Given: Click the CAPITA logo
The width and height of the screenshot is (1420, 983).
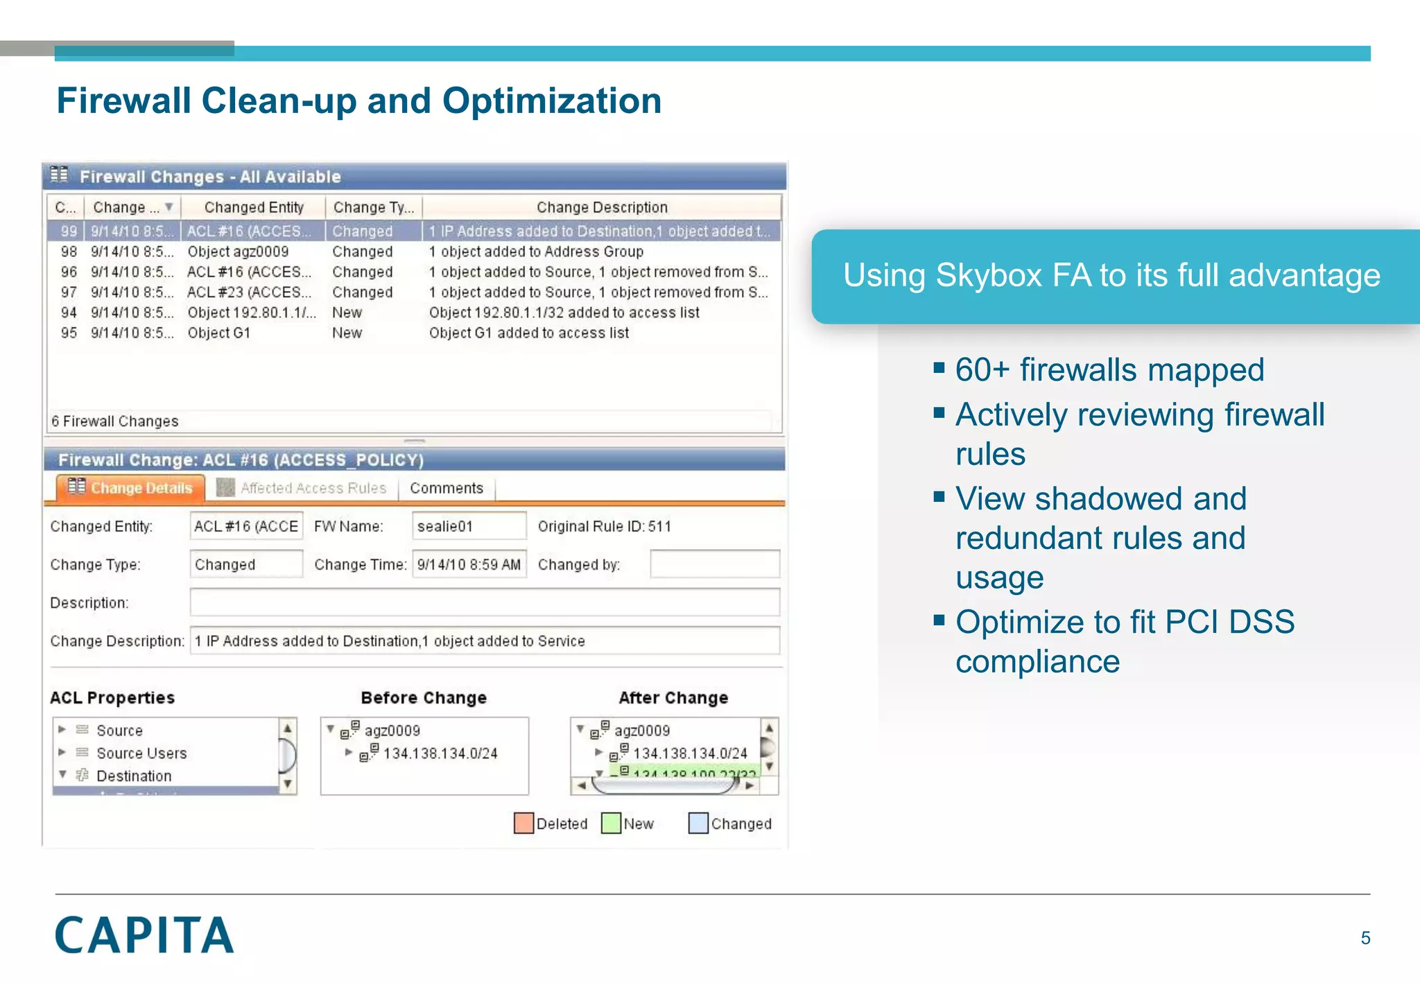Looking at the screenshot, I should (x=144, y=934).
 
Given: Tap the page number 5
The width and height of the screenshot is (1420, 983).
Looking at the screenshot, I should (x=1365, y=938).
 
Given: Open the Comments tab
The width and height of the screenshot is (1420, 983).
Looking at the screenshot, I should (x=446, y=488).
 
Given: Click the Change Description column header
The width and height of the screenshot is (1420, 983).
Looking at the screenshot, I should (x=601, y=207).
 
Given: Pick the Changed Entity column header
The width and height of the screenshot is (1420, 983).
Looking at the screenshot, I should (x=253, y=207).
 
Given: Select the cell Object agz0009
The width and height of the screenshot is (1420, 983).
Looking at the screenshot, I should (x=238, y=252).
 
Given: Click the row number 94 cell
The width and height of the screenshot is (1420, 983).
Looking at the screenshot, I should (x=68, y=313).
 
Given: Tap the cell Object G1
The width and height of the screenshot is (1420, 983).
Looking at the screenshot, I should (x=218, y=333).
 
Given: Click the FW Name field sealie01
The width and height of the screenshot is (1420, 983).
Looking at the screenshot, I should (x=468, y=526).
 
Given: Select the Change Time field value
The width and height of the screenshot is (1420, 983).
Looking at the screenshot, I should (x=469, y=564).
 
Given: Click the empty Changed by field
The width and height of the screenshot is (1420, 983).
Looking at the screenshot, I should (x=714, y=564).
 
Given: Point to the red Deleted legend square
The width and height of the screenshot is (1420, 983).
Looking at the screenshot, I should (x=523, y=823).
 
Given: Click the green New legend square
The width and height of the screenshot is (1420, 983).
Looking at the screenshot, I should (x=611, y=823).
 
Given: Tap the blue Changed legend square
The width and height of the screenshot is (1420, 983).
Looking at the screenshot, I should (x=698, y=823).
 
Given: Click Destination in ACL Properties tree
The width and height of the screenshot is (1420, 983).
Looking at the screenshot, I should (x=134, y=776).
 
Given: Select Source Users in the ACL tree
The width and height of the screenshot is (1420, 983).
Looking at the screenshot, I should (x=141, y=753).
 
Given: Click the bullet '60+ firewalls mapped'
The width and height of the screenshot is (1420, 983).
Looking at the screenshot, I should (x=1109, y=369).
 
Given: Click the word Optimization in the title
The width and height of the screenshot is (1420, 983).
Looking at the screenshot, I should (x=551, y=101).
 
